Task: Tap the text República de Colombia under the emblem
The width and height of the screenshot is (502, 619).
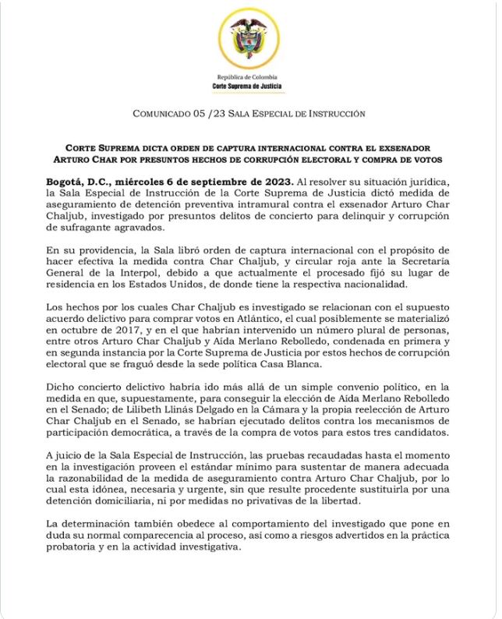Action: (x=250, y=79)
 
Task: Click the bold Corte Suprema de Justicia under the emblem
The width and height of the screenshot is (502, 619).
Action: (x=250, y=87)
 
